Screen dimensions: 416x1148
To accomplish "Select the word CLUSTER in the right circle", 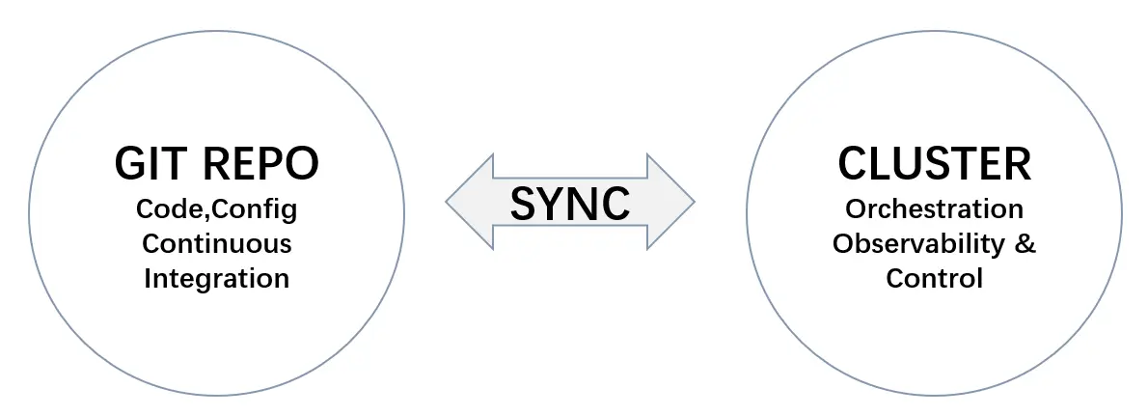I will click(934, 164).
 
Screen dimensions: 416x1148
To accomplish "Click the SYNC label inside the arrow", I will click(569, 202).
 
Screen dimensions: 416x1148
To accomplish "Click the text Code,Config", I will click(217, 208).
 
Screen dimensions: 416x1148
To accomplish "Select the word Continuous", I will click(217, 243).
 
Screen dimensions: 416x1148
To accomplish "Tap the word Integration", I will click(217, 279).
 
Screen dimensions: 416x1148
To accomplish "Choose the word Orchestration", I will click(934, 208).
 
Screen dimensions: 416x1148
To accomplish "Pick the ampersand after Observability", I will click(1025, 243).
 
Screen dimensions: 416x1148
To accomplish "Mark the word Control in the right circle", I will click(934, 279).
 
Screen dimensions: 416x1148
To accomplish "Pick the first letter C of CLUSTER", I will click(852, 164).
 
